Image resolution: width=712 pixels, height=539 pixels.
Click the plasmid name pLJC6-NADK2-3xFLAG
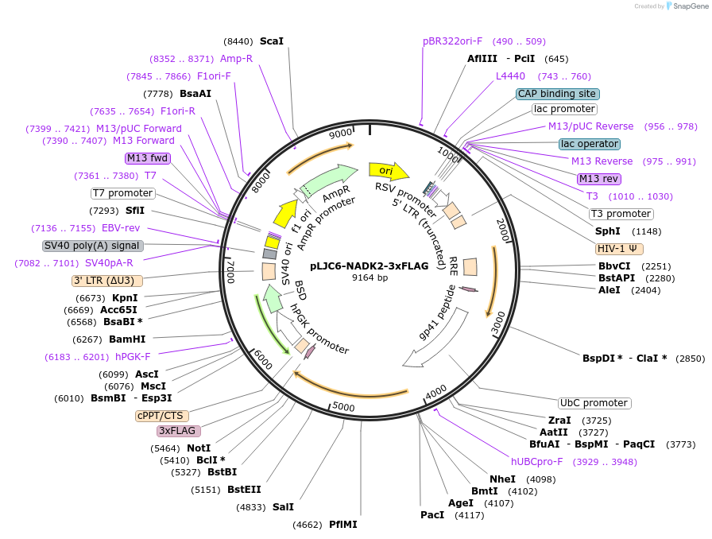[x=370, y=266]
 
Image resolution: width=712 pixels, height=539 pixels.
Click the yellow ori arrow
[x=389, y=171]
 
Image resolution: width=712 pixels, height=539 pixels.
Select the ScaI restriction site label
[x=272, y=41]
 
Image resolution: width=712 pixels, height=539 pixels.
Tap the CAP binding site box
[x=557, y=94]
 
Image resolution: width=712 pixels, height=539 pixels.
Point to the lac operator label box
[x=589, y=144]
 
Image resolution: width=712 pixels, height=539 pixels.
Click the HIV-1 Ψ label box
[x=619, y=249]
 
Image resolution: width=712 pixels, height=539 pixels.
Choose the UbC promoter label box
[x=594, y=403]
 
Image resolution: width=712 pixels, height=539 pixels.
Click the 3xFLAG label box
[x=177, y=431]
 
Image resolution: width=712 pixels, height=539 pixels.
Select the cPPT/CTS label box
[x=160, y=415]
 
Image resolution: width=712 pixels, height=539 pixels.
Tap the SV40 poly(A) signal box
[x=92, y=246]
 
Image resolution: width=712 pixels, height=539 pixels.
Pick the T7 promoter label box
[x=122, y=193]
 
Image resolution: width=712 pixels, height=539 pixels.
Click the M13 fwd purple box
[x=148, y=157]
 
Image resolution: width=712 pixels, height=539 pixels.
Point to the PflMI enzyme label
[x=343, y=525]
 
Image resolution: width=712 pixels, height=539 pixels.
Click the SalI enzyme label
[x=283, y=506]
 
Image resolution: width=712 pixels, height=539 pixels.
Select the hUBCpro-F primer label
[x=536, y=462]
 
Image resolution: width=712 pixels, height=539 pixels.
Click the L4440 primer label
[x=510, y=76]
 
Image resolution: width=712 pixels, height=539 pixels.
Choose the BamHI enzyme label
[x=126, y=339]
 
